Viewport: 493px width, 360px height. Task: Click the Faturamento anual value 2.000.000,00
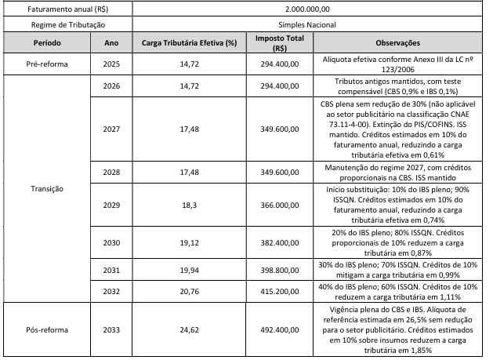click(x=307, y=9)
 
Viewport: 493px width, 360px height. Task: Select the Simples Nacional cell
click(x=307, y=25)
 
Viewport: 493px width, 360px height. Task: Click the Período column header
click(x=47, y=43)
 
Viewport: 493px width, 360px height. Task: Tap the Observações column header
click(x=397, y=43)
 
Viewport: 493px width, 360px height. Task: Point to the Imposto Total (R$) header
click(x=280, y=43)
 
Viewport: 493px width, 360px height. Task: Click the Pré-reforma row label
click(x=47, y=64)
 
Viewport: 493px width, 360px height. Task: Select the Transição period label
click(x=47, y=189)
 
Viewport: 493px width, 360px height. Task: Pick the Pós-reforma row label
click(x=47, y=329)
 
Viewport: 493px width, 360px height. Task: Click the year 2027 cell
click(x=111, y=129)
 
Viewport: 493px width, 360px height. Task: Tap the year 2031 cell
click(x=111, y=270)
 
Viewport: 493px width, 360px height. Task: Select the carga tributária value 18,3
click(x=189, y=205)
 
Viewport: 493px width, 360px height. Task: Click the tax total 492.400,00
click(x=280, y=329)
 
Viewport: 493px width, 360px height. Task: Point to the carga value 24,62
click(x=189, y=329)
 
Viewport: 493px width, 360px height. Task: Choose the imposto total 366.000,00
click(x=280, y=205)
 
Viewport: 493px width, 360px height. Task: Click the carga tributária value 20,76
click(x=189, y=292)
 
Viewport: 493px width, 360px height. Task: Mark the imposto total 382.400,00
click(x=280, y=243)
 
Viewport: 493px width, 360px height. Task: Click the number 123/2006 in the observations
click(x=398, y=70)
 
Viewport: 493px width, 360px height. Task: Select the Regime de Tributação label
click(x=68, y=25)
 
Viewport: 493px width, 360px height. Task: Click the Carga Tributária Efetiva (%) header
click(x=189, y=43)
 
